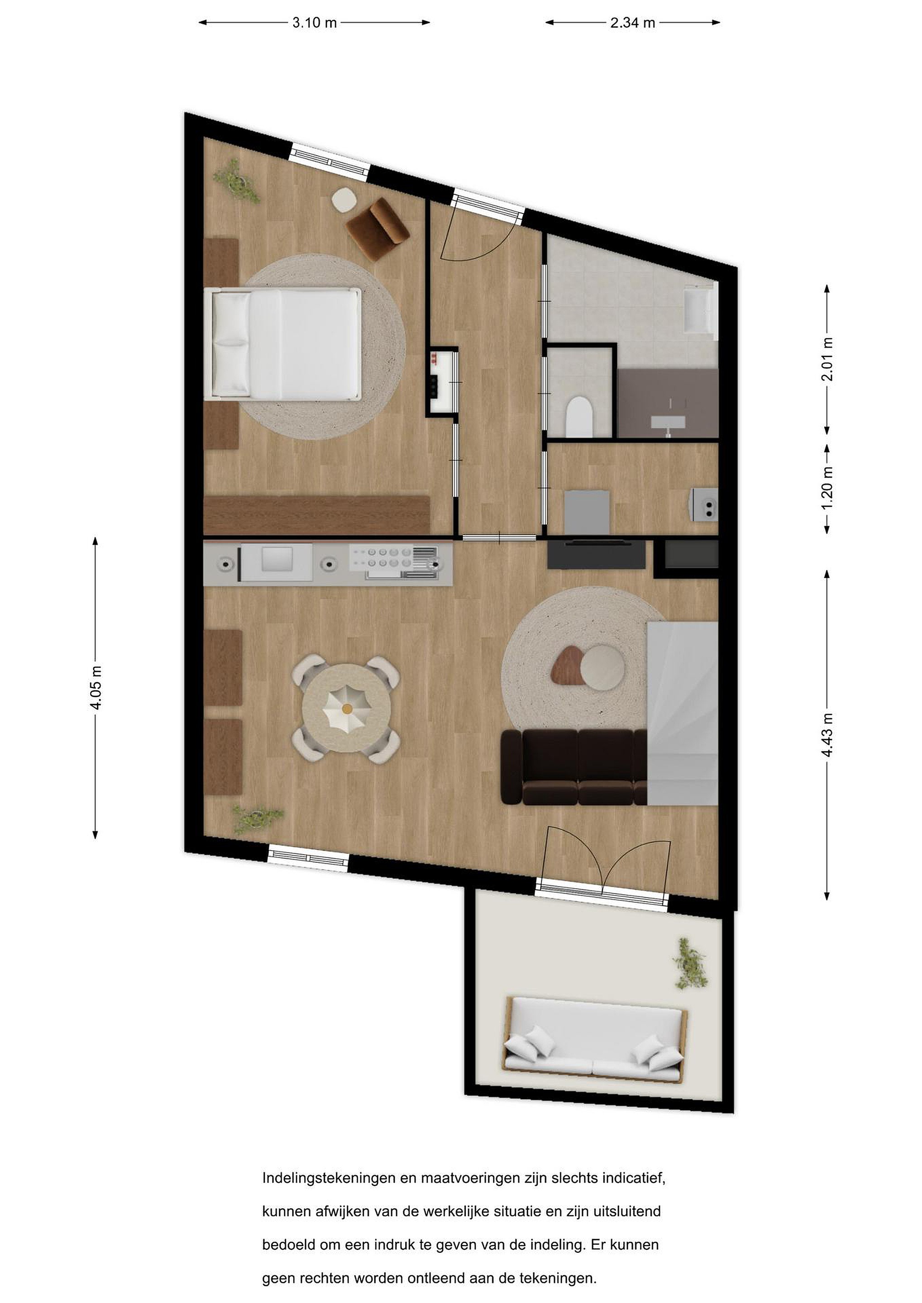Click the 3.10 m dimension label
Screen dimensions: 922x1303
coord(315,23)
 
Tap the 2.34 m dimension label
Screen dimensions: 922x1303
coord(632,23)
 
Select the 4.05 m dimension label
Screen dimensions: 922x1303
coord(96,688)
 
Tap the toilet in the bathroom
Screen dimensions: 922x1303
coord(579,417)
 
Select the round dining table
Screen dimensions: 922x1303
coord(345,708)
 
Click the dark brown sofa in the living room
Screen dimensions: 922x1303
coord(573,767)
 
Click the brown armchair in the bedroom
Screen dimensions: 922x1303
coord(377,229)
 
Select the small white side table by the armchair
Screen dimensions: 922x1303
coord(344,200)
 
